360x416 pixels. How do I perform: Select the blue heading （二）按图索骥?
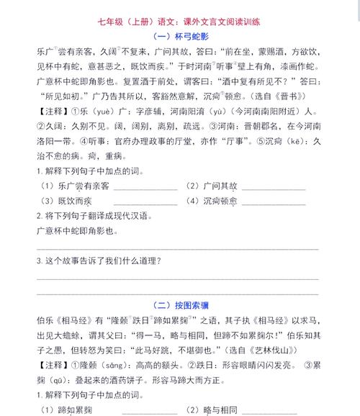[181, 304]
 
